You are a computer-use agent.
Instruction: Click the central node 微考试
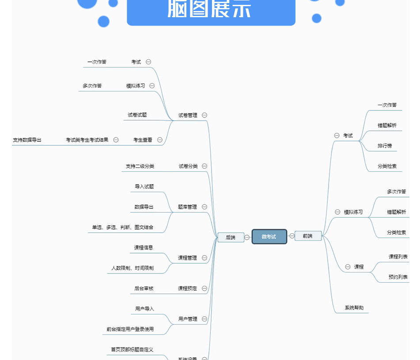point(269,236)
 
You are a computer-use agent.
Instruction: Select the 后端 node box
point(231,237)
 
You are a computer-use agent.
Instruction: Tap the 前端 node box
point(308,236)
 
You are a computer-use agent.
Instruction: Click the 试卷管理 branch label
point(188,115)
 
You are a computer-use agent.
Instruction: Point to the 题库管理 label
point(187,207)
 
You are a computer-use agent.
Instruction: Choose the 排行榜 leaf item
point(385,146)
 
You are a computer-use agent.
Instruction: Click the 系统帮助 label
point(354,308)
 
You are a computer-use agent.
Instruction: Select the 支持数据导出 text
point(27,140)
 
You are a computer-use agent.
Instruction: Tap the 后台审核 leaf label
point(144,288)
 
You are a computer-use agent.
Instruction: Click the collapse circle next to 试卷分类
point(204,166)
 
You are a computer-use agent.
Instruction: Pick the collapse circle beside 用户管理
point(204,319)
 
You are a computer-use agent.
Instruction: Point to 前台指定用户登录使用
point(130,329)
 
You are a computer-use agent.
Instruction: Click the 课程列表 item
point(398,257)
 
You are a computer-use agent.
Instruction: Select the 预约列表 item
point(398,277)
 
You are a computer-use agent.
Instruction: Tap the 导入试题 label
point(144,186)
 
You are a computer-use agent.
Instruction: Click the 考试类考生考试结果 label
point(87,140)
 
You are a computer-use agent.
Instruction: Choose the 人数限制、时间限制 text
point(132,268)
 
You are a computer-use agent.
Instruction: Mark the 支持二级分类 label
point(140,166)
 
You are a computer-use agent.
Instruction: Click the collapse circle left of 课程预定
point(204,288)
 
